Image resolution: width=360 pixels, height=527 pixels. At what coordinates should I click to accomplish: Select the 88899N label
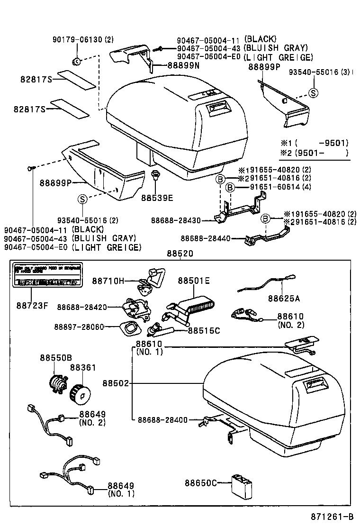(183, 66)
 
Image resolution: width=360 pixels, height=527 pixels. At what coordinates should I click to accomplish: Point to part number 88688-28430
(176, 220)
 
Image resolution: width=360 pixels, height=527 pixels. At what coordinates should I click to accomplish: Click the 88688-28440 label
(206, 238)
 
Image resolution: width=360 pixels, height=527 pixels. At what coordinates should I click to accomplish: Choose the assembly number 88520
(180, 254)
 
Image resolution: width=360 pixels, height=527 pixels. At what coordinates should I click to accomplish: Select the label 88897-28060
(79, 327)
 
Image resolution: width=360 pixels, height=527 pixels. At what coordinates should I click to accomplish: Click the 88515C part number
(204, 330)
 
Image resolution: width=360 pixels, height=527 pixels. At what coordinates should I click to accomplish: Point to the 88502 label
(115, 382)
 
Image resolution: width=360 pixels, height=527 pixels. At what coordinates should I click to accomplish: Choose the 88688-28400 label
(162, 419)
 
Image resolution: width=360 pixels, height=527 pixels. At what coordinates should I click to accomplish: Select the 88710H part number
(108, 281)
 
